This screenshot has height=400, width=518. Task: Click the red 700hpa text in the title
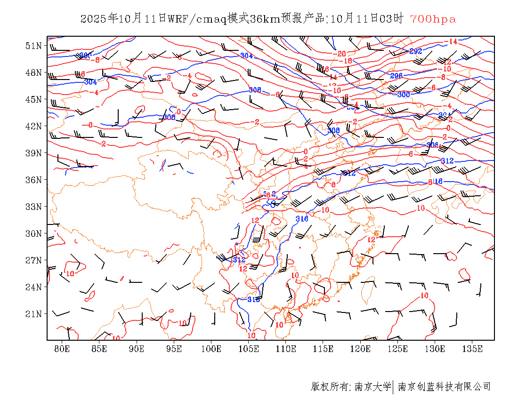[433, 19]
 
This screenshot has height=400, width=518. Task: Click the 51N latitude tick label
[33, 46]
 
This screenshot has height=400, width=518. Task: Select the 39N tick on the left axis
[33, 153]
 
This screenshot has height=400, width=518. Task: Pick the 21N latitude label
[33, 313]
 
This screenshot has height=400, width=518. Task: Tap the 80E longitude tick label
[62, 349]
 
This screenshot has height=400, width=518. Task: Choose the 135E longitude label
[472, 349]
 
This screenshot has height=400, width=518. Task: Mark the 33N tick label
[33, 207]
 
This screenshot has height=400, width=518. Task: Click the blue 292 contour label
[415, 51]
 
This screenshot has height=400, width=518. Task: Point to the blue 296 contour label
[397, 76]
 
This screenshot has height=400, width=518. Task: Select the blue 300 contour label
[404, 94]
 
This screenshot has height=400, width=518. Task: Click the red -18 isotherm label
[347, 61]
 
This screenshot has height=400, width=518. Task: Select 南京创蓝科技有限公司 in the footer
[444, 387]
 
